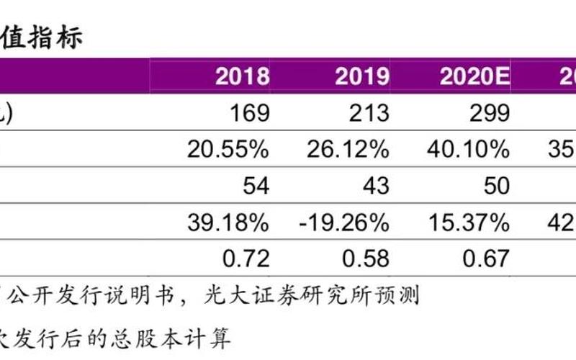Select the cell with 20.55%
pyautogui.click(x=228, y=149)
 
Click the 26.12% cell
pyautogui.click(x=347, y=149)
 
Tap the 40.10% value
pyautogui.click(x=467, y=149)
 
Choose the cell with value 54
pyautogui.click(x=256, y=185)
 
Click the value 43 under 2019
pyautogui.click(x=375, y=185)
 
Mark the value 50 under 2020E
pyautogui.click(x=495, y=185)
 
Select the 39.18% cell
pyautogui.click(x=228, y=222)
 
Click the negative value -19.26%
pyautogui.click(x=343, y=222)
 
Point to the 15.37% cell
pyautogui.click(x=467, y=222)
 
